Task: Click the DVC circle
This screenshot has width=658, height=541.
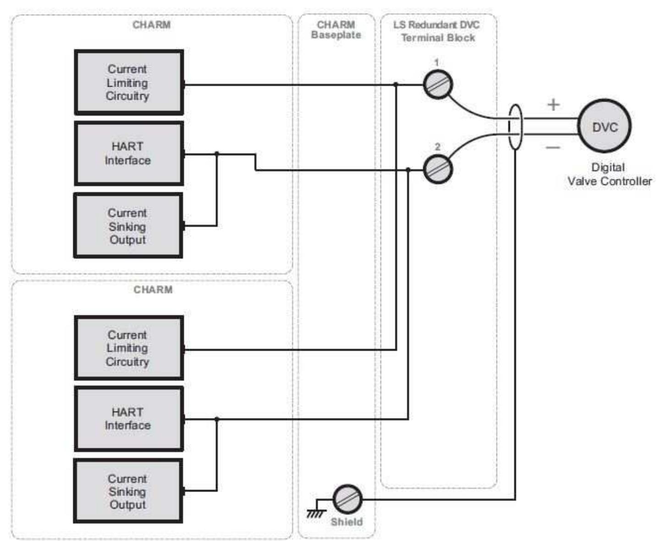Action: tap(604, 127)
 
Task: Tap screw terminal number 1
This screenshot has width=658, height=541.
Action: tap(437, 84)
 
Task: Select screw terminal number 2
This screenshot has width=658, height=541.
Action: tap(437, 169)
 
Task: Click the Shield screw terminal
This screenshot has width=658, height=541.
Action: tap(347, 499)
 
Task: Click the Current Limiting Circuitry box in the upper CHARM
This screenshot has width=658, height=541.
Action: tap(129, 83)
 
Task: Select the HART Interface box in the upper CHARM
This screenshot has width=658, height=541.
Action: tap(129, 154)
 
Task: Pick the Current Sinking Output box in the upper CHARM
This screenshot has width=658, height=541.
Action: tap(128, 226)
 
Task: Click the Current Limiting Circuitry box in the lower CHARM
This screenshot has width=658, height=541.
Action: tap(129, 348)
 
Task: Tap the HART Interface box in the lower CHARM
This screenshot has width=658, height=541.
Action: tap(129, 419)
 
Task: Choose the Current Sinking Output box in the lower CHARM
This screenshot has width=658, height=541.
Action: tap(128, 491)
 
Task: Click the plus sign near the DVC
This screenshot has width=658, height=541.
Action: tap(553, 105)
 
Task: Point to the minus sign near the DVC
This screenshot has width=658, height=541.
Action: tap(553, 147)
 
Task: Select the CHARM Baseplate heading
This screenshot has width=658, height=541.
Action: tap(336, 30)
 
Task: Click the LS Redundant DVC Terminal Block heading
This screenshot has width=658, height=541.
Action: tap(437, 31)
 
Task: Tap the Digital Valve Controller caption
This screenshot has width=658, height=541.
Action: tap(609, 174)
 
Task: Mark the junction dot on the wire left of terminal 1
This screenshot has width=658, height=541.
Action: tap(396, 84)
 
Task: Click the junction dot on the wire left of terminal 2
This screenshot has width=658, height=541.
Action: tap(408, 170)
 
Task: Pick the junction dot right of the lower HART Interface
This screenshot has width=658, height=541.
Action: tap(217, 419)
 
